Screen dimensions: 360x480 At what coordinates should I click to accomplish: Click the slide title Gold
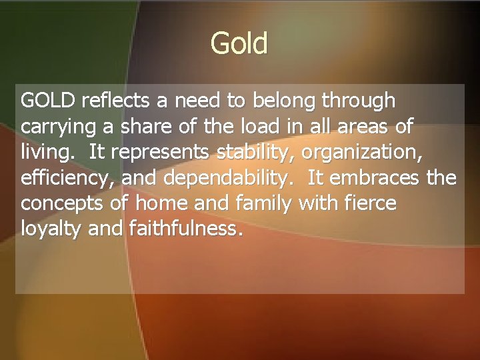(239, 44)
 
